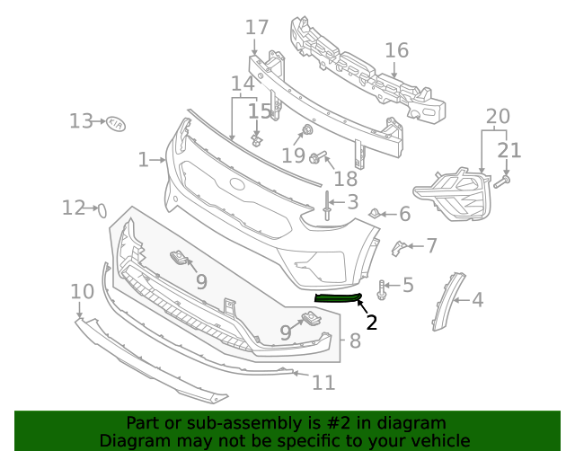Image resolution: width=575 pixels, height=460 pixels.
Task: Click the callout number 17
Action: click(x=257, y=27)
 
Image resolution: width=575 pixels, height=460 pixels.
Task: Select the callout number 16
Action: click(x=396, y=50)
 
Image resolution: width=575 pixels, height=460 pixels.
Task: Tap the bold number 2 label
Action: click(x=371, y=322)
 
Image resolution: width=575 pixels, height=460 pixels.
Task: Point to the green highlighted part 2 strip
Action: click(x=338, y=297)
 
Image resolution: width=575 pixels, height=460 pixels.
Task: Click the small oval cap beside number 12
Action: click(x=102, y=210)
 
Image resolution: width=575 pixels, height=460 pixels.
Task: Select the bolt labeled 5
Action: click(x=384, y=288)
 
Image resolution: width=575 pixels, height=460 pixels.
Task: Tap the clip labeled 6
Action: click(x=373, y=214)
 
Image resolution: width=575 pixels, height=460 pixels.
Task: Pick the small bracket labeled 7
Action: click(x=400, y=246)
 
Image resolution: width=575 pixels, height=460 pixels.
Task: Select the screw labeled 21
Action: click(x=503, y=181)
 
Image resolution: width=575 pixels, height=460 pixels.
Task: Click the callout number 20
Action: click(x=497, y=116)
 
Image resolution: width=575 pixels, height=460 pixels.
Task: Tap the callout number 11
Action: click(x=323, y=383)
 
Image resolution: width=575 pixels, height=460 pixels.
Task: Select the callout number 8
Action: click(x=355, y=341)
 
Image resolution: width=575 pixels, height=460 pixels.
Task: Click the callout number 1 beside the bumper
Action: click(x=143, y=160)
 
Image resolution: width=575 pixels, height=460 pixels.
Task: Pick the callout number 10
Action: click(x=82, y=291)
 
